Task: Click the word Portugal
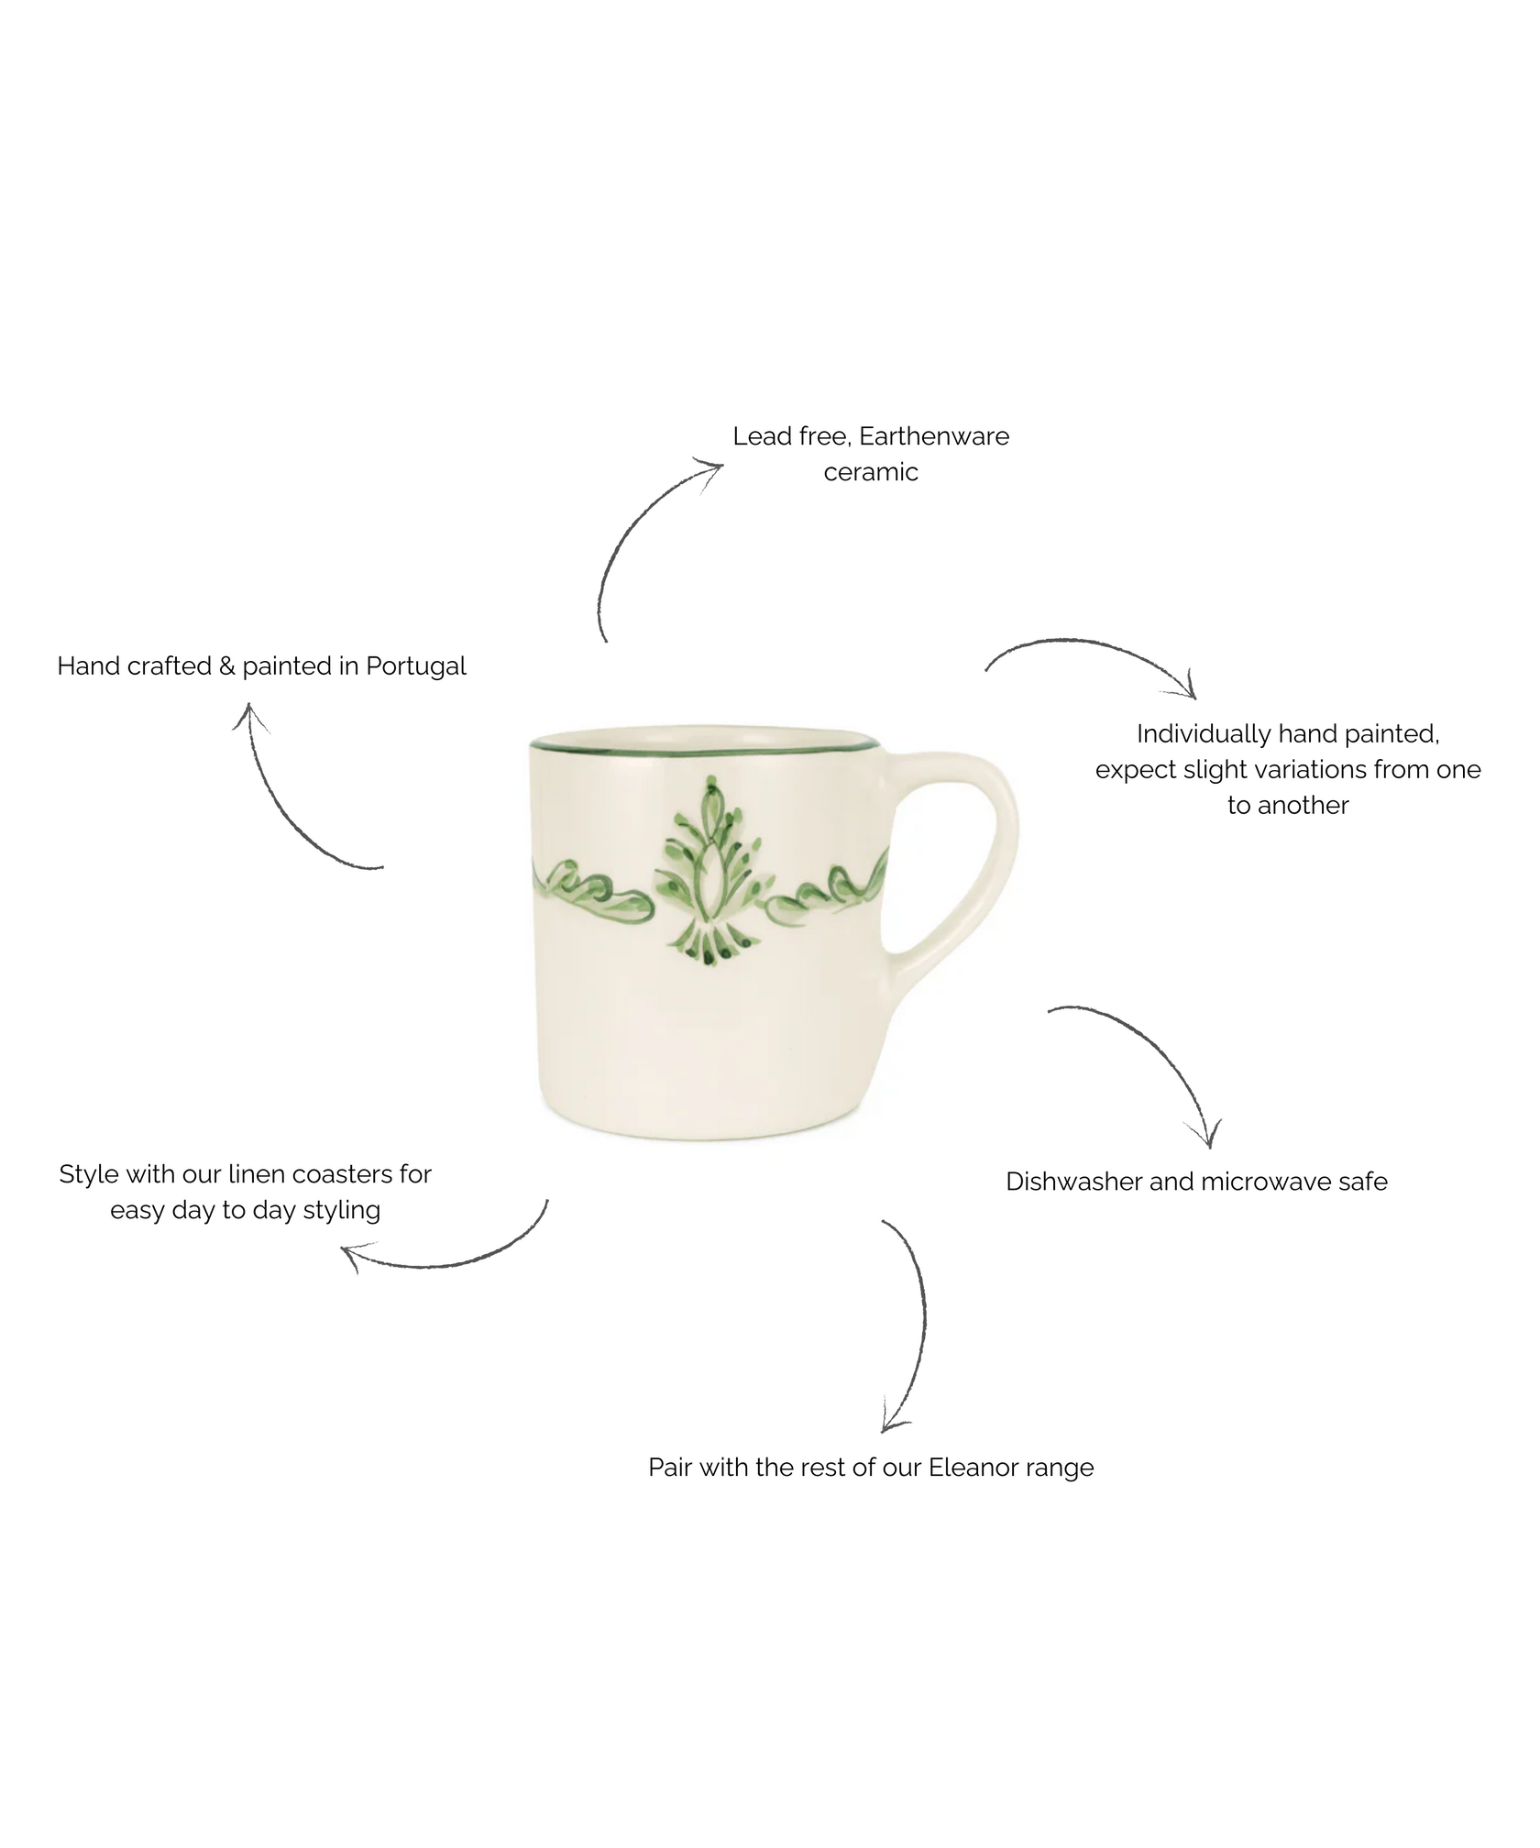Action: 416,665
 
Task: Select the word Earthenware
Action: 934,436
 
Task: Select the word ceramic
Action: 871,472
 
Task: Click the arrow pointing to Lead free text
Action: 642,541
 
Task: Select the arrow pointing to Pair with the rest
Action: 912,1329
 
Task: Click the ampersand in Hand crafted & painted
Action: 227,665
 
